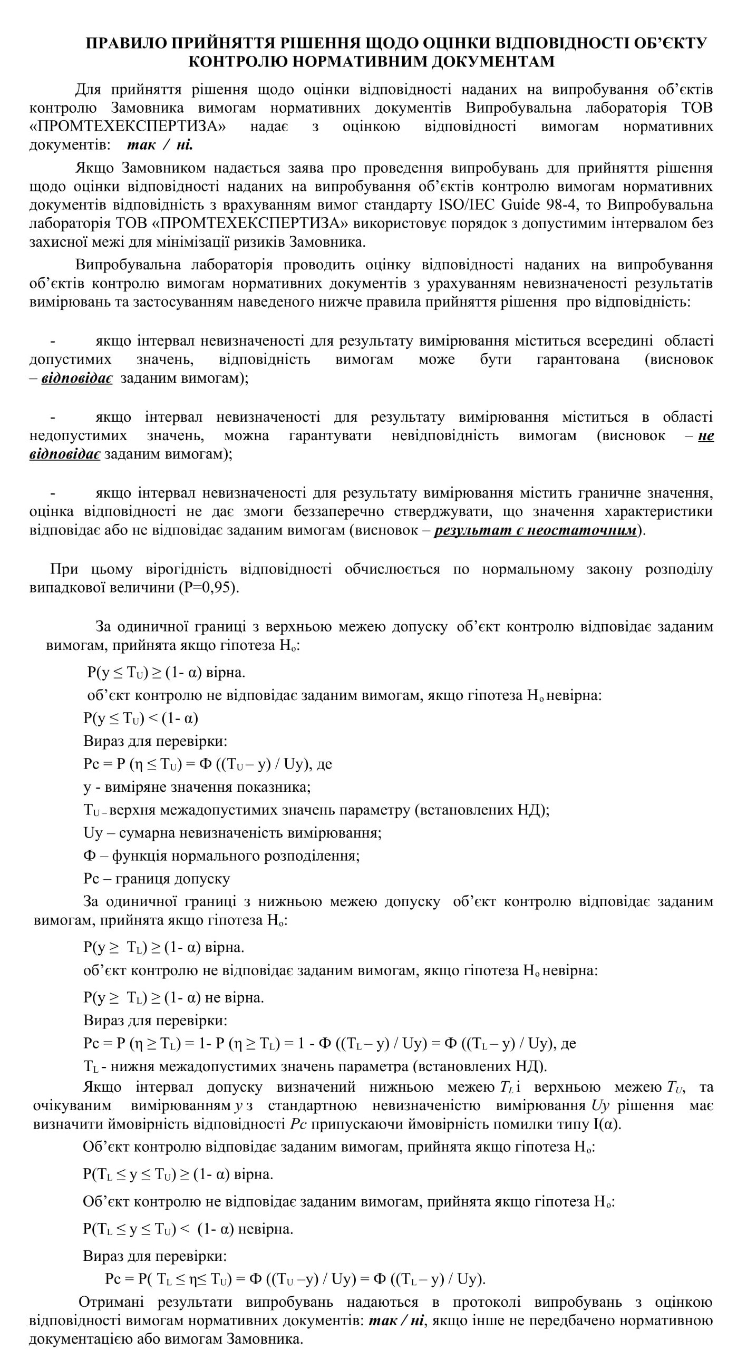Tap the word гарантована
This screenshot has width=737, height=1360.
coord(578,360)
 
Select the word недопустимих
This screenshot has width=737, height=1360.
coord(78,435)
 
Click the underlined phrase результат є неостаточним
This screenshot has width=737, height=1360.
coord(535,530)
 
